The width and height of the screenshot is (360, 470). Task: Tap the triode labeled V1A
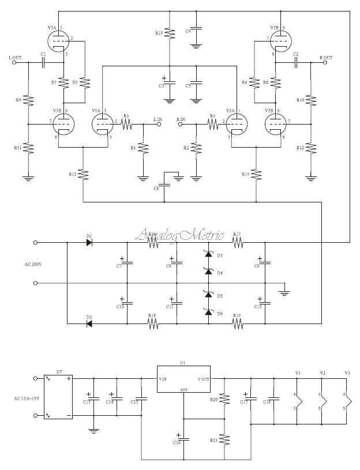tap(103, 122)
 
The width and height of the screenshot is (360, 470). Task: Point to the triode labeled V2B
tap(275, 122)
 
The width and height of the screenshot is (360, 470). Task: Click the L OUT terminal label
tap(16, 58)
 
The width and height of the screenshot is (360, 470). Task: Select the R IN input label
tap(181, 119)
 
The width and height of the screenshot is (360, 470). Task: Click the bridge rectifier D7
tap(58, 397)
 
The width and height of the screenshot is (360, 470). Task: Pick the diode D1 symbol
tap(89, 243)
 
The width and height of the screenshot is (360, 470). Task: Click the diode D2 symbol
tap(89, 324)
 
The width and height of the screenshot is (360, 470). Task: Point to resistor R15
tap(169, 33)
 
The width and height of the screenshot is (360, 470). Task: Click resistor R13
tap(84, 174)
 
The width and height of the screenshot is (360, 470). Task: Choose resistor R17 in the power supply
tap(237, 243)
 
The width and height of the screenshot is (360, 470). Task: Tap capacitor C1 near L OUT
tap(43, 62)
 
